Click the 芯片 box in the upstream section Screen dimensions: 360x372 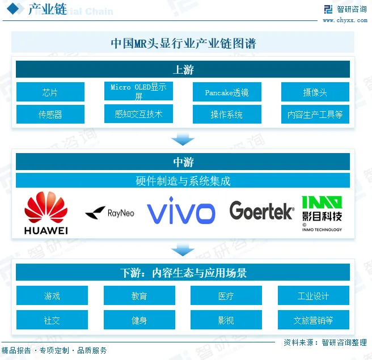pyautogui.click(x=50, y=92)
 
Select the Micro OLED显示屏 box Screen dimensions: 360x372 pyautogui.click(x=138, y=91)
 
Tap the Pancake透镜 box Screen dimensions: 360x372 pyautogui.click(x=227, y=92)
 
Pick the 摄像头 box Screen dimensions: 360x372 pyautogui.click(x=315, y=92)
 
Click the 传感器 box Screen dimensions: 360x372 pyautogui.click(x=50, y=114)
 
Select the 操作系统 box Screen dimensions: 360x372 pyautogui.click(x=227, y=114)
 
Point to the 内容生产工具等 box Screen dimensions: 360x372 pyautogui.click(x=315, y=114)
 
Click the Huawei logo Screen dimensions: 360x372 pyautogui.click(x=46, y=213)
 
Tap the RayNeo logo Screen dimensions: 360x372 pyautogui.click(x=109, y=213)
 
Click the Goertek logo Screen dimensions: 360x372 pyautogui.click(x=261, y=211)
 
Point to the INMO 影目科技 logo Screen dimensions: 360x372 pyautogui.click(x=322, y=213)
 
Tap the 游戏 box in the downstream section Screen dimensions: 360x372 pyautogui.click(x=52, y=295)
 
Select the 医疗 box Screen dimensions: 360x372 pyautogui.click(x=226, y=295)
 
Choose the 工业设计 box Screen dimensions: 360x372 pyautogui.click(x=313, y=295)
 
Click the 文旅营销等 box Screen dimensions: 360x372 pyautogui.click(x=313, y=320)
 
